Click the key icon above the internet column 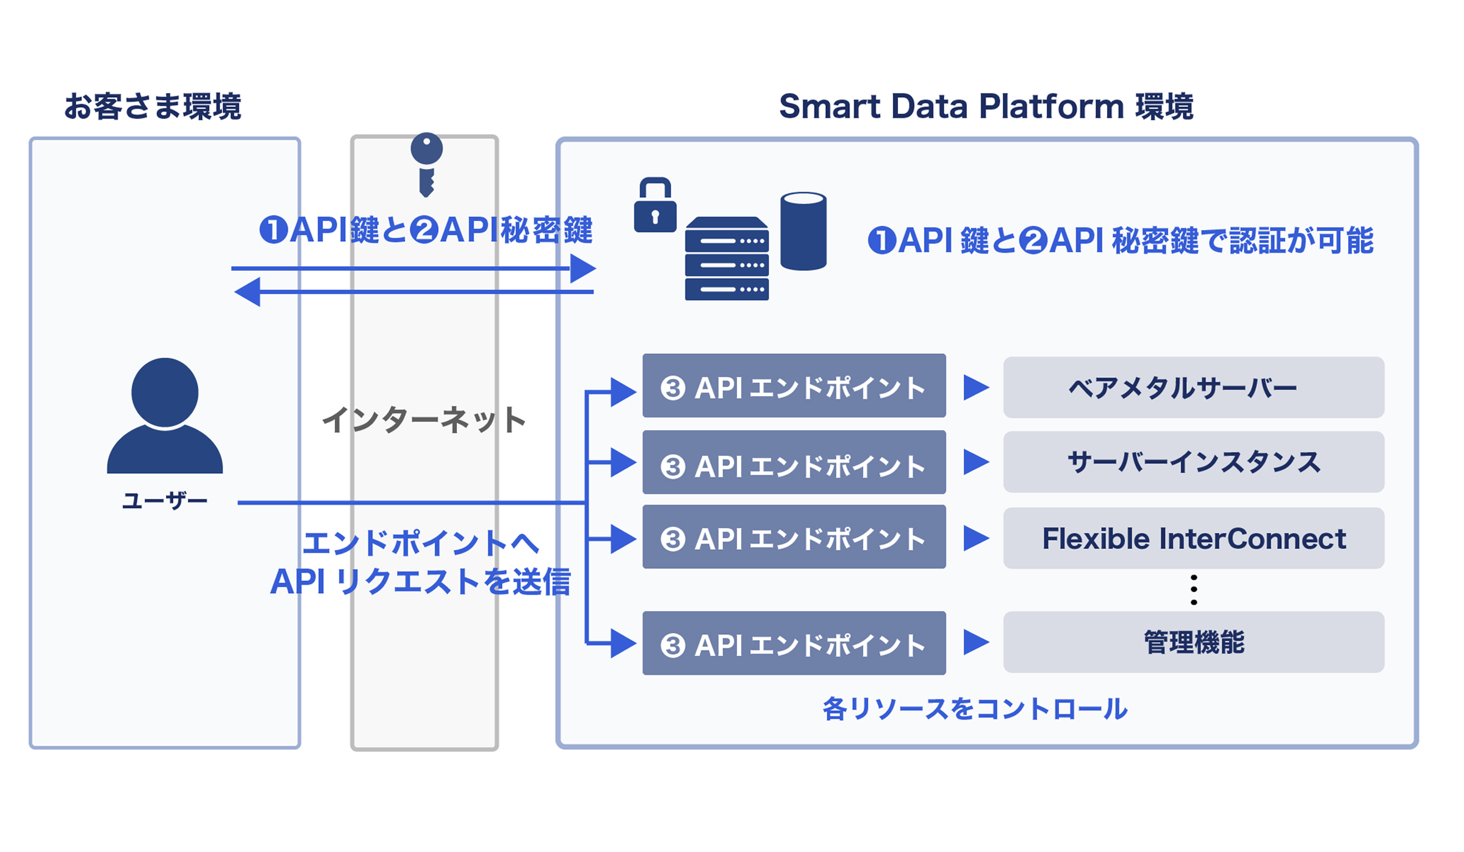coord(426,164)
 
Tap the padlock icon coord(655,206)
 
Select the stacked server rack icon coord(727,259)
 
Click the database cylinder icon coord(803,231)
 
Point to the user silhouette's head coord(165,392)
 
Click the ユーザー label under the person coord(165,501)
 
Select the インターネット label coord(424,421)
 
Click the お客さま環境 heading coord(152,107)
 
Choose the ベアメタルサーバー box coord(1193,388)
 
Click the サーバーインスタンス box coord(1193,462)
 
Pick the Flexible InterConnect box coord(1193,538)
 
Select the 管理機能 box coord(1193,642)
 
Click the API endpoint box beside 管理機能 coord(794,643)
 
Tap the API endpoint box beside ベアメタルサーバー coord(794,386)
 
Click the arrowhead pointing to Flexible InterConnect coord(975,538)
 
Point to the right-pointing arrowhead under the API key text coord(582,269)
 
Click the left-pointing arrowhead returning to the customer coord(248,292)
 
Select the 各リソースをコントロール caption coord(974,709)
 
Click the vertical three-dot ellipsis coord(1193,590)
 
